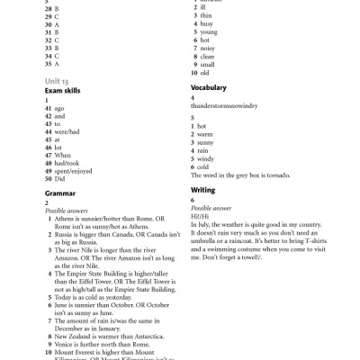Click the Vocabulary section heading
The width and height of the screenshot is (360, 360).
(209, 88)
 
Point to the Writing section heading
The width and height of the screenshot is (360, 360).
(203, 191)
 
